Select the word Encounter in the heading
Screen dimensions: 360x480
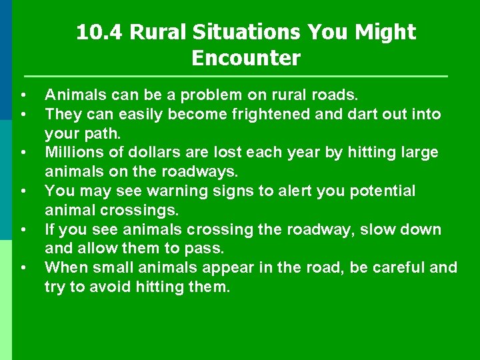(x=246, y=58)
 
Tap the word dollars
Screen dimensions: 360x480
(x=152, y=152)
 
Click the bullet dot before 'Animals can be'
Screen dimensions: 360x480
(x=23, y=95)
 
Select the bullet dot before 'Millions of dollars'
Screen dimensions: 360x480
(x=23, y=152)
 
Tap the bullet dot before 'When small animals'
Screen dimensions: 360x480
(x=23, y=268)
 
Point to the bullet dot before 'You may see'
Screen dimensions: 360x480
(x=23, y=191)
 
